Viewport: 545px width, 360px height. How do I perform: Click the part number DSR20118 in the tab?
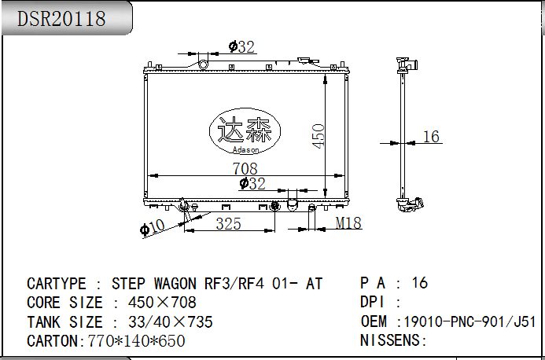61,19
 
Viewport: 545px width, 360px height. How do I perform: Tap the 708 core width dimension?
245,168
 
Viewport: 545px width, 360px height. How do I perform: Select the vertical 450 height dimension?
319,136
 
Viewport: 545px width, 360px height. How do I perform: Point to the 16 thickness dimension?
431,136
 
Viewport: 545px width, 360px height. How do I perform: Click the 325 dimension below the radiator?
228,224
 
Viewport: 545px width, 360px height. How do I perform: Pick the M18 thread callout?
348,223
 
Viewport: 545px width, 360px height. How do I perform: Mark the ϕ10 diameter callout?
152,228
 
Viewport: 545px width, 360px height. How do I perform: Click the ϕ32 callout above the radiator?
241,47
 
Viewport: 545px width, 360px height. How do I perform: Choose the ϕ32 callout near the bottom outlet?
252,183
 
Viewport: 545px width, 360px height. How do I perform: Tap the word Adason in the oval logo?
245,150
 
